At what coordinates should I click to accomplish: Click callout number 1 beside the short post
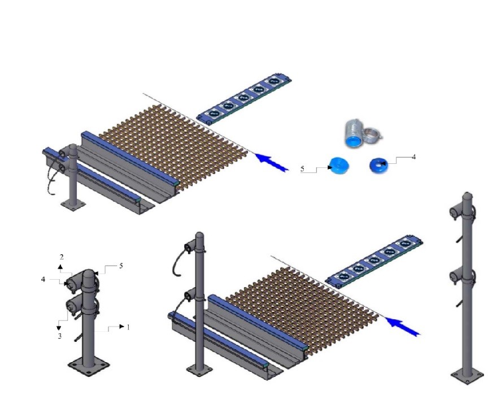tap(128, 327)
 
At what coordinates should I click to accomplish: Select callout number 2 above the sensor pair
tap(62, 257)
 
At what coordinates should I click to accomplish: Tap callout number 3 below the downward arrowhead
tap(60, 336)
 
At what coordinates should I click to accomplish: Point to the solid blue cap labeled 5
tap(339, 166)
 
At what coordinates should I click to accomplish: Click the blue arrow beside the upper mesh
tap(272, 162)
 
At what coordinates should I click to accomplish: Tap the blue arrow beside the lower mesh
tap(403, 325)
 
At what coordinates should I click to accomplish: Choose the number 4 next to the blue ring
tap(413, 157)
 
